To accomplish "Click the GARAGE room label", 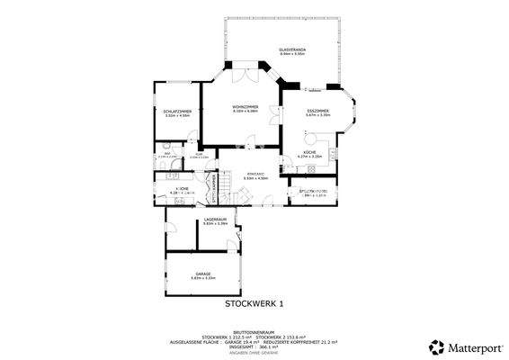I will pos(202,274).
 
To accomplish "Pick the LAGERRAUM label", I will pos(215,220).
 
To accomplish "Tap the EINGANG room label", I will pos(255,174).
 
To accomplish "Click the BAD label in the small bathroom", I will pos(167,153).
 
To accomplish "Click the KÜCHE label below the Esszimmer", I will pos(309,153).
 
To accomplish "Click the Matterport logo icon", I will pos(436,346).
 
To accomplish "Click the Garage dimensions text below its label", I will pos(202,278).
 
